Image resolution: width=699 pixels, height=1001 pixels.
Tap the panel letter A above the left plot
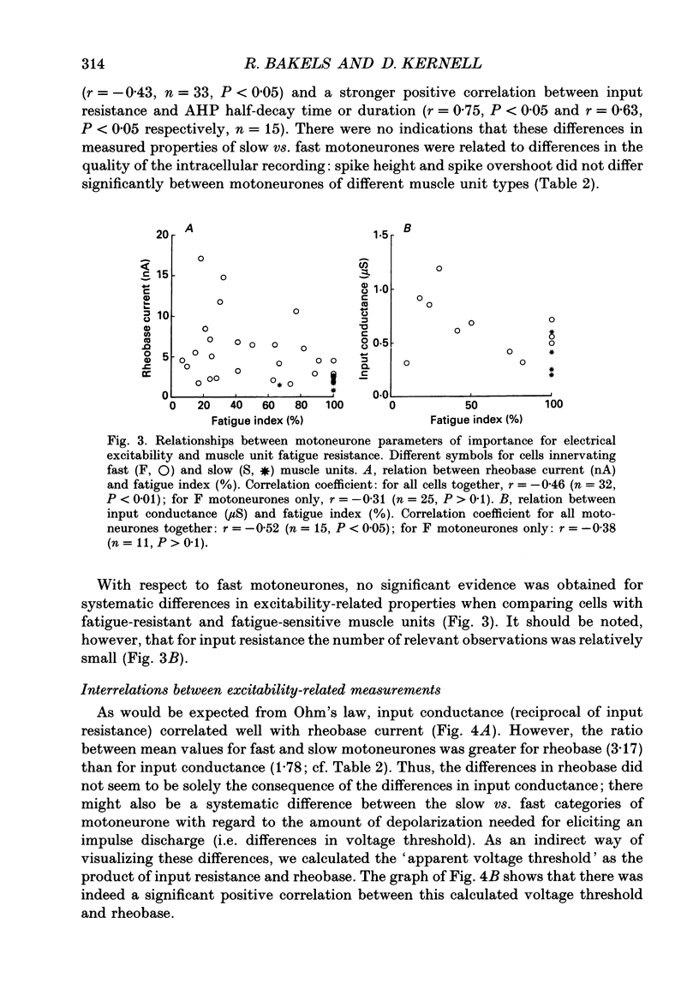tap(190, 229)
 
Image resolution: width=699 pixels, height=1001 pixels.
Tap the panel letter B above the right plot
tap(409, 229)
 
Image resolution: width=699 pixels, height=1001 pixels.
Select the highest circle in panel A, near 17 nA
tap(201, 259)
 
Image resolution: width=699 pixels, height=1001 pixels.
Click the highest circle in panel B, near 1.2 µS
tap(439, 269)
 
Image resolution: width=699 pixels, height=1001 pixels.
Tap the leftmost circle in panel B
tap(407, 363)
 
